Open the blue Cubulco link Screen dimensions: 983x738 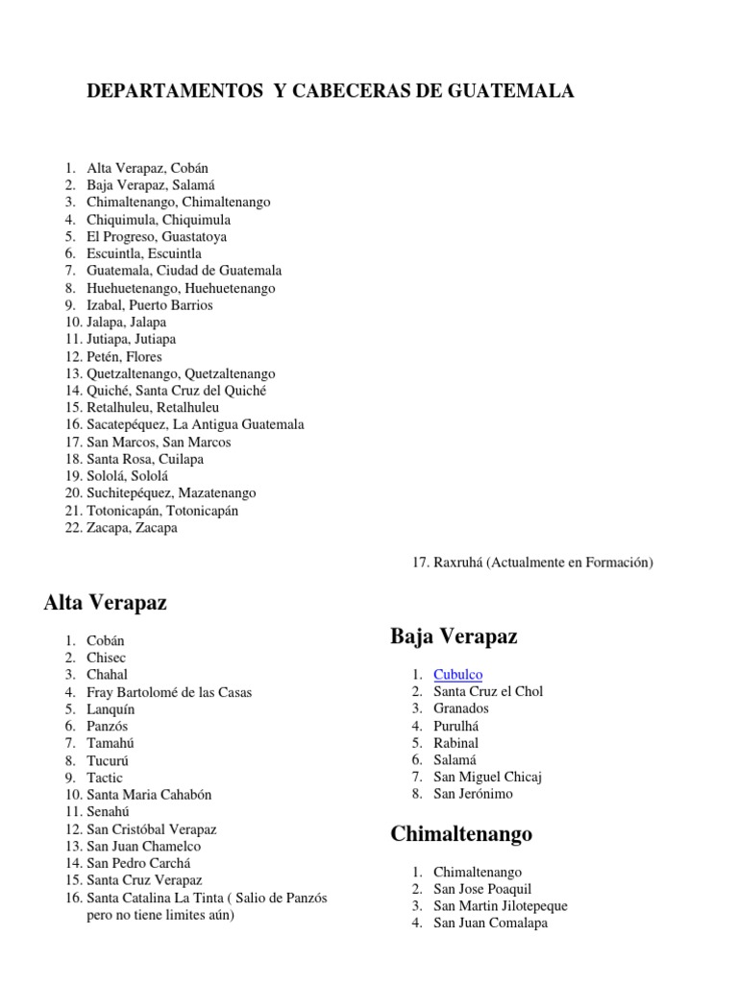point(457,675)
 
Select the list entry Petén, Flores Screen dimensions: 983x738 point(124,357)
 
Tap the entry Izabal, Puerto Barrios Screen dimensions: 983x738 point(149,305)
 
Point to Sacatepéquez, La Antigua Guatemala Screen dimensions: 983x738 point(195,425)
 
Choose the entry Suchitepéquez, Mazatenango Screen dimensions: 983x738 point(171,493)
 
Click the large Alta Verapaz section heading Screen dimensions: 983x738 point(105,603)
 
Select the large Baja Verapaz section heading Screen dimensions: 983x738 point(454,635)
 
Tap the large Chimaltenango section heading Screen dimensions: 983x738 point(461,834)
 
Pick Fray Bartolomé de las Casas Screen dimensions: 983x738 point(169,692)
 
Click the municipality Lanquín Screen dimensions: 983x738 point(111,709)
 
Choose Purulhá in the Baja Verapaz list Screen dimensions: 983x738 point(455,726)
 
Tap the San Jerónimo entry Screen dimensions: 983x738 point(473,794)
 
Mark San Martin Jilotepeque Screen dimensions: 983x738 point(500,906)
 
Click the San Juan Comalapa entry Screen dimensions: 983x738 point(490,923)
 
